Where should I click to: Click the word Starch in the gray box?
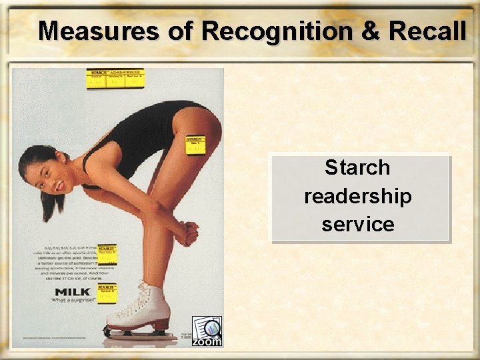coord(357,167)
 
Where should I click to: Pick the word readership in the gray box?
coord(358,197)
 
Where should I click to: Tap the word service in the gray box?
coord(358,224)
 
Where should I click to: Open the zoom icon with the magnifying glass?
coord(207,331)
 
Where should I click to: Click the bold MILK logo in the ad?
coord(73,292)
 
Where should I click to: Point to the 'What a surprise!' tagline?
coord(73,301)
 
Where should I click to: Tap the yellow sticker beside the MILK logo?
coord(107,293)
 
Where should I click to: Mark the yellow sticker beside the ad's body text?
coord(107,253)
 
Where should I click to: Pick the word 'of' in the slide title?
coord(181,31)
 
